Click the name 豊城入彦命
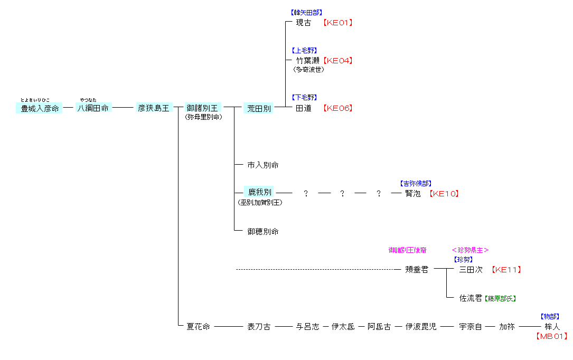point(39,108)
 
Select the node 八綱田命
point(93,108)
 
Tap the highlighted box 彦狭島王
point(154,108)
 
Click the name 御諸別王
point(202,108)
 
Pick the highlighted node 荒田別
point(259,108)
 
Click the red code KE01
point(338,23)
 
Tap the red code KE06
point(338,108)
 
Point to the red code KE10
point(444,194)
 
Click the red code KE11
point(506,270)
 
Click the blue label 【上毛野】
point(304,51)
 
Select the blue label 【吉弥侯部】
point(417,184)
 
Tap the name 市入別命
point(263,165)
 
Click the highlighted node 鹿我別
point(260,192)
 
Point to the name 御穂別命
point(263,232)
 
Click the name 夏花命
point(198,327)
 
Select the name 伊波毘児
point(421,327)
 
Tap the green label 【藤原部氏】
point(500,299)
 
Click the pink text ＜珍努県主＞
point(470,250)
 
